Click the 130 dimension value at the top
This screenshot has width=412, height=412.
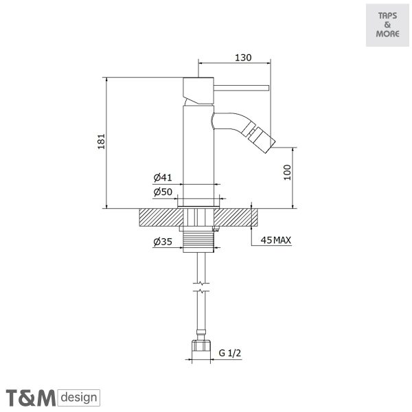point(243,57)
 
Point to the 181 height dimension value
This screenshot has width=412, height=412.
point(102,141)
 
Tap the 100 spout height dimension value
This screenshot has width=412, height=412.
point(288,172)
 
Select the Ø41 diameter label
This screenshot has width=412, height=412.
point(163,178)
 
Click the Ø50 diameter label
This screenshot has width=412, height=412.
point(163,192)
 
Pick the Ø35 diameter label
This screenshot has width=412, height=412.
point(163,242)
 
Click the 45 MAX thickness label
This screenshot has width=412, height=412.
point(276,240)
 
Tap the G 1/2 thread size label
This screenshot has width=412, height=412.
point(229,353)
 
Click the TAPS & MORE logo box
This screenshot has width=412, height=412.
point(387,25)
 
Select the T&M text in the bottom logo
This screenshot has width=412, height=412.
point(31,398)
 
